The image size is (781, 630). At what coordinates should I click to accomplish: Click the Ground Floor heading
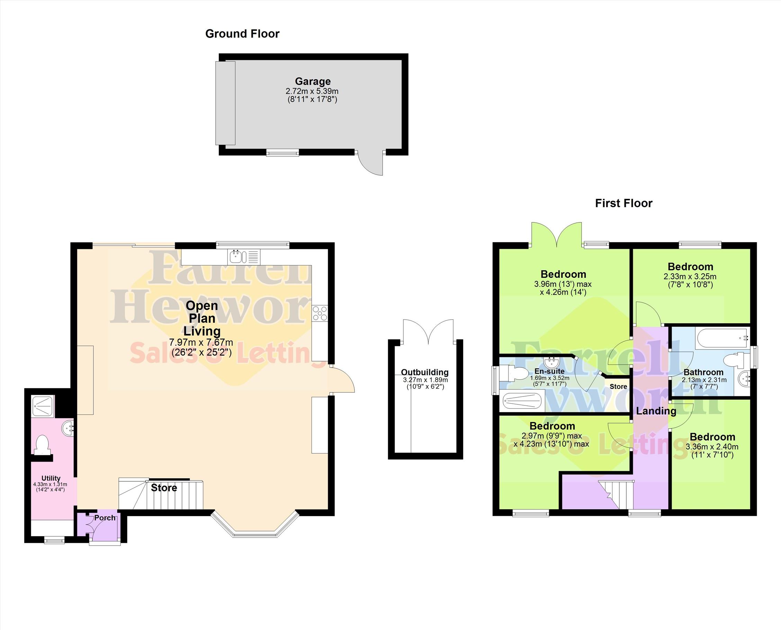tap(242, 34)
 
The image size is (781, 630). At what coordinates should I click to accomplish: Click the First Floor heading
tap(624, 203)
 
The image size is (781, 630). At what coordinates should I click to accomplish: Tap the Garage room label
tap(313, 81)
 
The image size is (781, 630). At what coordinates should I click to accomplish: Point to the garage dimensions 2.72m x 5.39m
tap(312, 91)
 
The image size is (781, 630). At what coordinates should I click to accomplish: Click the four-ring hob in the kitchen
tap(320, 313)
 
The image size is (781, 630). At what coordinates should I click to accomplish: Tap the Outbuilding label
tap(425, 372)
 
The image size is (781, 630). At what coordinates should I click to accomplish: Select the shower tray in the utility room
tap(43, 406)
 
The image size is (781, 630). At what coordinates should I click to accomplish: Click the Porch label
tap(105, 518)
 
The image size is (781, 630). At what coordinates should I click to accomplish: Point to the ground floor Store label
tap(164, 488)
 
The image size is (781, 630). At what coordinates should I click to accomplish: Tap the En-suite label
tap(549, 371)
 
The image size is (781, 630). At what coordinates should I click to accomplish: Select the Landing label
tap(656, 411)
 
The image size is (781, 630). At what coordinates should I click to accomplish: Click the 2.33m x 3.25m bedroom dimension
tap(690, 276)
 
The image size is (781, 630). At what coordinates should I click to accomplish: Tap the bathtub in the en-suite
tap(522, 402)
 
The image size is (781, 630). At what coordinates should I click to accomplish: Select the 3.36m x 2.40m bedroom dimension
tap(712, 447)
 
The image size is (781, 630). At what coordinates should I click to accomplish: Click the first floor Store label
tap(618, 386)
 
